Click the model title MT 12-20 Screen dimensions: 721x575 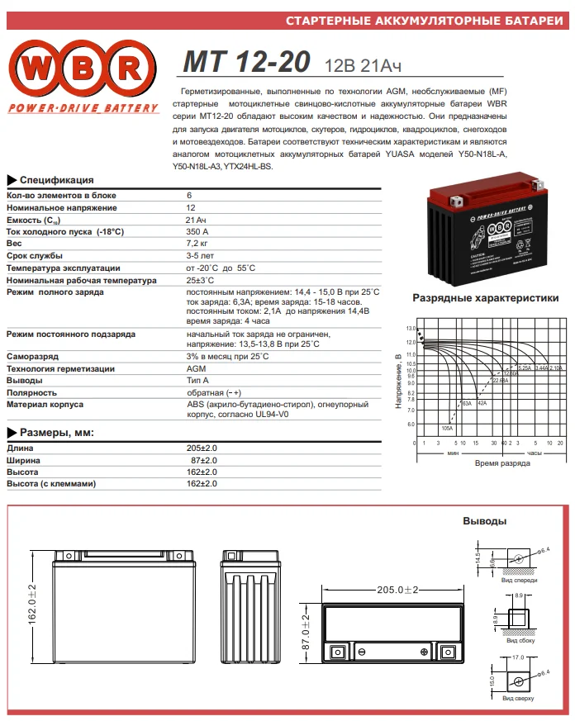pos(246,63)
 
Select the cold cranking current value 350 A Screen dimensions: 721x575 pos(197,232)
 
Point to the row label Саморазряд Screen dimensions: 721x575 pos(32,356)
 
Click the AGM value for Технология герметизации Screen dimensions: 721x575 pos(196,368)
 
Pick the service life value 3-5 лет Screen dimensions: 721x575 pos(200,257)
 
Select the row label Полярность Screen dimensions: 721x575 pos(32,393)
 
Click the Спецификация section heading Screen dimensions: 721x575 pos(56,180)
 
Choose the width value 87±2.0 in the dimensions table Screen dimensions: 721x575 pos(204,459)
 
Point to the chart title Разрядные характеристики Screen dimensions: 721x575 pos(485,298)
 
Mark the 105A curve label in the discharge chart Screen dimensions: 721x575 pos(447,428)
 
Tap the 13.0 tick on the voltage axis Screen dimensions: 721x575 pos(411,329)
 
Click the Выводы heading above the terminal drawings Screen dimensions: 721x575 pos(483,522)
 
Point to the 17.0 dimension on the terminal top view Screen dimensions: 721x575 pos(518,657)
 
